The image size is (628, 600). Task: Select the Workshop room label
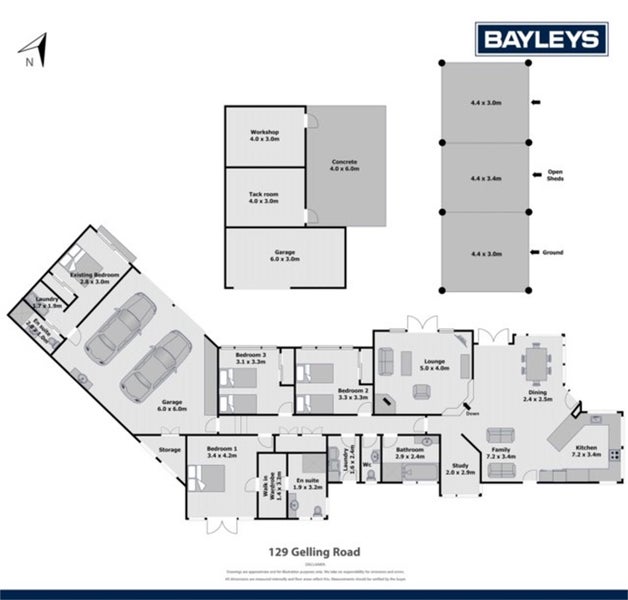pos(264,136)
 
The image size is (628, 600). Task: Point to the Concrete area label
pos(344,165)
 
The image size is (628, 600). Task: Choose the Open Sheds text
pos(555,174)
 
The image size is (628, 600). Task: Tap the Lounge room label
pos(424,366)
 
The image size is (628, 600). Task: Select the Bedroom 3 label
pos(250,358)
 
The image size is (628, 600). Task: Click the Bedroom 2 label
pos(353,394)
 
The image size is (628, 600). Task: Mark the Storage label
pos(169,450)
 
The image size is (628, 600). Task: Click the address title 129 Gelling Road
pos(313,550)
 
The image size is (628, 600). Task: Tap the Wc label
pos(368,464)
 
